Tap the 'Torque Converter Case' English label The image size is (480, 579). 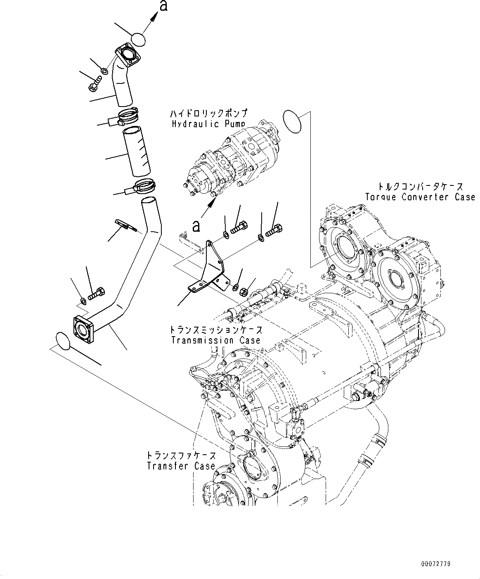click(420, 197)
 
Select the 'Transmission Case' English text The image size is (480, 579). click(215, 340)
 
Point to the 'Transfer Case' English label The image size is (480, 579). click(181, 466)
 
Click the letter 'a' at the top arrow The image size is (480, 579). click(163, 6)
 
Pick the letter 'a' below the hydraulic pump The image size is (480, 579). click(197, 225)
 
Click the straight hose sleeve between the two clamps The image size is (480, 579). click(136, 152)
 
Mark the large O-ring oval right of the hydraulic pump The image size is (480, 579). click(293, 122)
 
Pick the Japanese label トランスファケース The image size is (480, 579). click(181, 456)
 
